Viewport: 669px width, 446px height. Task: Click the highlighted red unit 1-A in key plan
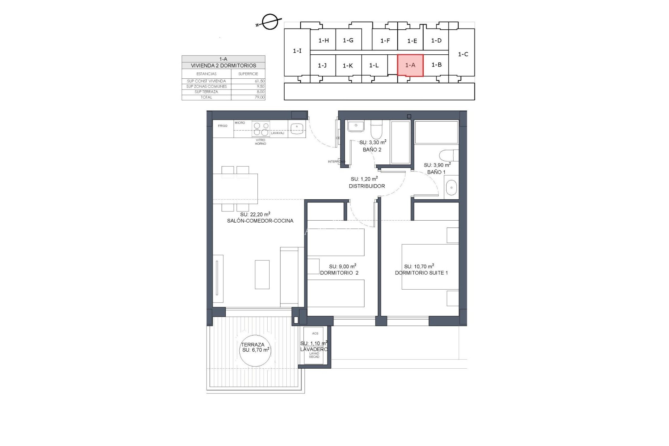point(410,65)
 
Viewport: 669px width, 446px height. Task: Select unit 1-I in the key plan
point(297,51)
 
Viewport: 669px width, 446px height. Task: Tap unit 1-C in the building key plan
point(463,54)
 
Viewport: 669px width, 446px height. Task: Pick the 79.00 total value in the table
point(259,97)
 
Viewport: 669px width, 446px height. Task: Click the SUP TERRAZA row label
point(206,92)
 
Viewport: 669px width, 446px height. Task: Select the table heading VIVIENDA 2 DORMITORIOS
point(223,66)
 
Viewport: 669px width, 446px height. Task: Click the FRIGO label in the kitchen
point(223,126)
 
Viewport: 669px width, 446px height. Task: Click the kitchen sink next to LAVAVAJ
point(297,128)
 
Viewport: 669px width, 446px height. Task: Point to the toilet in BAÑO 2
point(376,130)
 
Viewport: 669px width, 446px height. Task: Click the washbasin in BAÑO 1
point(451,187)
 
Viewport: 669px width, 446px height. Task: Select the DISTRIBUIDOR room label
point(367,186)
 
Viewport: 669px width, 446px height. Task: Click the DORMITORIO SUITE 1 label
point(421,273)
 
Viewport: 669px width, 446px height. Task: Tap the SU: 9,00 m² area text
point(343,266)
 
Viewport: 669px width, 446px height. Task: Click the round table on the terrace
point(255,350)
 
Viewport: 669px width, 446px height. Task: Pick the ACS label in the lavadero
point(315,333)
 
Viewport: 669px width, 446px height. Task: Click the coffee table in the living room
point(262,275)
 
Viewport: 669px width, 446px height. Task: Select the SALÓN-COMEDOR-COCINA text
point(260,221)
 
